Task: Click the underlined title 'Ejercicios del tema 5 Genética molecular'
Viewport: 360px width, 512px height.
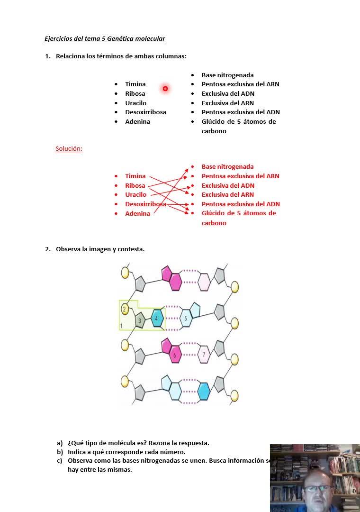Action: click(x=105, y=39)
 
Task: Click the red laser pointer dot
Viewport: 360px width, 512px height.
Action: click(x=165, y=88)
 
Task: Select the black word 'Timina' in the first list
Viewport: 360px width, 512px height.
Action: click(x=135, y=84)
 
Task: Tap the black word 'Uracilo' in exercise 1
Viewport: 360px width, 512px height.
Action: click(x=136, y=103)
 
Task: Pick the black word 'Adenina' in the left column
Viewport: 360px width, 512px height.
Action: click(x=138, y=122)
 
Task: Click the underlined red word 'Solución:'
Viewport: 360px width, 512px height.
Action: click(x=69, y=149)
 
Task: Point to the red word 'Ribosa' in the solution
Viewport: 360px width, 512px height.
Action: click(x=135, y=185)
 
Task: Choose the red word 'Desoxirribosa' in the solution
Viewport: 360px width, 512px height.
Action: click(x=145, y=204)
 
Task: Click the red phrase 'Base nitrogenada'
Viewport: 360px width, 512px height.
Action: click(x=228, y=167)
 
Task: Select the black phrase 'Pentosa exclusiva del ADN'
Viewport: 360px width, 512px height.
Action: click(x=241, y=112)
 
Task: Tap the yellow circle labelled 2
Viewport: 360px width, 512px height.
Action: click(x=125, y=310)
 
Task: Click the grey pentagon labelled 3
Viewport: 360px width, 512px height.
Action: click(x=140, y=321)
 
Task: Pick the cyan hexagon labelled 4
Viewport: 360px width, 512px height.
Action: click(x=157, y=318)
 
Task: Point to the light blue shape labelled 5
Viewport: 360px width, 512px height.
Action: click(x=186, y=319)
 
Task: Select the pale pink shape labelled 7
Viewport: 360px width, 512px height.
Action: click(x=204, y=354)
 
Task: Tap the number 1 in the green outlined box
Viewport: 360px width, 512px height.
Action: click(x=122, y=326)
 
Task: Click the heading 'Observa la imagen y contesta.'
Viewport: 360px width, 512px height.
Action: click(x=100, y=249)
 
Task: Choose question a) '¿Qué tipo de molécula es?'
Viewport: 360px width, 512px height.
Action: click(x=138, y=443)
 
